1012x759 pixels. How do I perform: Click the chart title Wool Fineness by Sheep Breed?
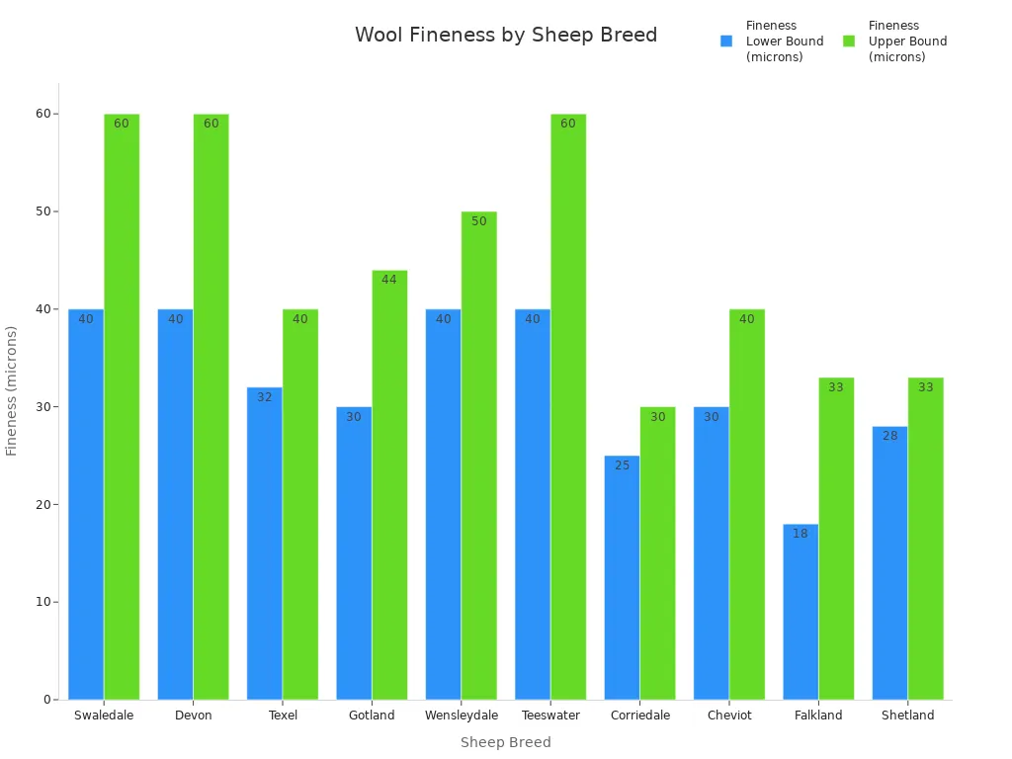tap(505, 36)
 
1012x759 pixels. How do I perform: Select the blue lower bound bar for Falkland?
tap(801, 612)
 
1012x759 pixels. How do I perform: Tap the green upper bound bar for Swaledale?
tap(122, 406)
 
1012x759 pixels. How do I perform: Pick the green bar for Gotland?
tap(389, 484)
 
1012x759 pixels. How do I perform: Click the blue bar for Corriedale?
tap(622, 577)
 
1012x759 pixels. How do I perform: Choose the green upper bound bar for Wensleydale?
tap(478, 456)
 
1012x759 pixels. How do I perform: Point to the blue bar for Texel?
tap(264, 544)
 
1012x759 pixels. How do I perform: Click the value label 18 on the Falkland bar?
tap(801, 534)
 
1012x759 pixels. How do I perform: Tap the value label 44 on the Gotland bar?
tap(389, 280)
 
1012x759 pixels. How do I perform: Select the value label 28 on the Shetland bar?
tap(889, 436)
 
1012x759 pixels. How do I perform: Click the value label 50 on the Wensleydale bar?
tap(478, 221)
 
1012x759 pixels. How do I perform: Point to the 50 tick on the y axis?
tap(44, 211)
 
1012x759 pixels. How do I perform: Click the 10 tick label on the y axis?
tap(44, 602)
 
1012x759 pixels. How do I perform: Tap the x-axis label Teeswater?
tap(550, 716)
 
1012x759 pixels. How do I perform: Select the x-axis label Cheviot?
tap(729, 716)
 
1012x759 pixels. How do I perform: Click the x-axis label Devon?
tap(193, 716)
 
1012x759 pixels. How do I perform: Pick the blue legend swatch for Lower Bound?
tap(726, 42)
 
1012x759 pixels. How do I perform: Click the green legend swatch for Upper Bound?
tap(849, 42)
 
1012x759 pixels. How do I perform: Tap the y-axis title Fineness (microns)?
tap(12, 390)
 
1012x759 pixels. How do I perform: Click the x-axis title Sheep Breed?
tap(505, 742)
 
